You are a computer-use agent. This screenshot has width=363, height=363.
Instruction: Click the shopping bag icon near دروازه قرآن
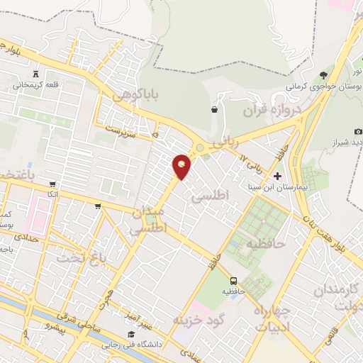(x=214, y=109)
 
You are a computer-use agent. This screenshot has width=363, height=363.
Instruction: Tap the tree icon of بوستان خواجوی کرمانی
(x=323, y=74)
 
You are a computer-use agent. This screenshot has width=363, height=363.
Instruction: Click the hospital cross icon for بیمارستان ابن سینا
(x=277, y=175)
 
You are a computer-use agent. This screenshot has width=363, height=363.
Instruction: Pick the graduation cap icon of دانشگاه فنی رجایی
(x=130, y=334)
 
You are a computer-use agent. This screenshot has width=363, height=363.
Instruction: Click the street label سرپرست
(x=120, y=130)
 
